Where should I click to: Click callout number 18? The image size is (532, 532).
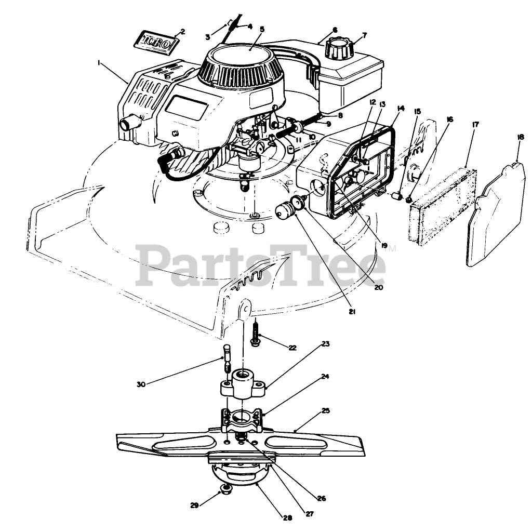point(520,137)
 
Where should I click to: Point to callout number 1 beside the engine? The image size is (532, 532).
point(99,62)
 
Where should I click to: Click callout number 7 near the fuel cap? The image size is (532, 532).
point(364,35)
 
